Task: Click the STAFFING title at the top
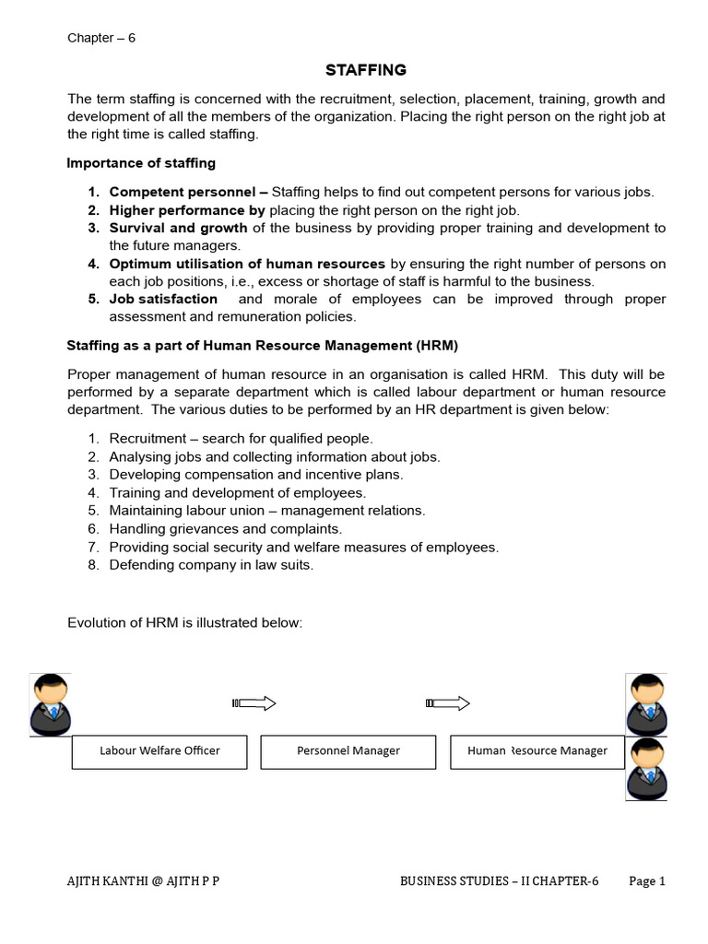click(x=366, y=70)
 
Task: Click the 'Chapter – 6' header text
click(x=101, y=38)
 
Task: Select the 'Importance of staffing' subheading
click(x=141, y=163)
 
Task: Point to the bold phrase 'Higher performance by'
click(x=187, y=210)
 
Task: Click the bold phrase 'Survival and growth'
click(x=178, y=228)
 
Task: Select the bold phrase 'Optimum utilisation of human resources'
click(x=247, y=264)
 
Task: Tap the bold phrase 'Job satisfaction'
click(x=163, y=299)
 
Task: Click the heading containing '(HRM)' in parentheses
click(x=262, y=345)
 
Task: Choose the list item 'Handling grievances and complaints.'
click(x=225, y=528)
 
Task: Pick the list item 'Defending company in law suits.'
click(x=211, y=565)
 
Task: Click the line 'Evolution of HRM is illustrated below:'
click(x=184, y=622)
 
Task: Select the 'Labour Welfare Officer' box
click(x=159, y=751)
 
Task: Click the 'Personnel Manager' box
click(x=348, y=751)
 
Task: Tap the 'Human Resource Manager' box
click(x=537, y=751)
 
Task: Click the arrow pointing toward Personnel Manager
click(x=254, y=704)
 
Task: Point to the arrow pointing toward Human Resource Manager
click(x=447, y=704)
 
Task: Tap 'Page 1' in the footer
click(x=647, y=881)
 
